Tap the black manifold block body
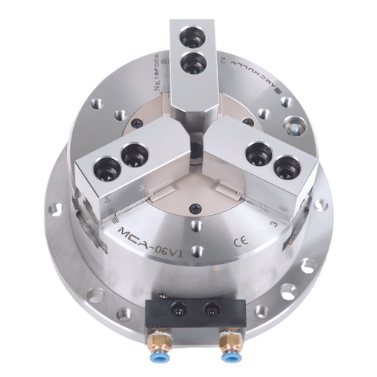pyautogui.click(x=194, y=308)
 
